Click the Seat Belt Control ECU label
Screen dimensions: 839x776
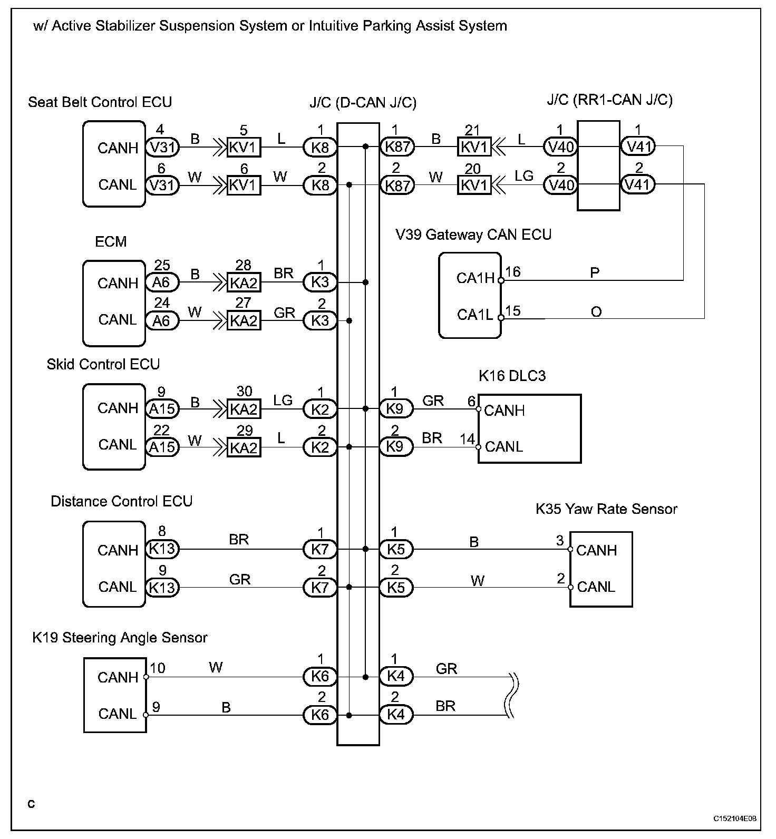pos(100,102)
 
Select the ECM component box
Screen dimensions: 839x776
pos(114,303)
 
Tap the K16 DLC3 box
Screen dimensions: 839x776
pos(529,428)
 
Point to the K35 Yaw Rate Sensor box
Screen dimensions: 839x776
pos(600,569)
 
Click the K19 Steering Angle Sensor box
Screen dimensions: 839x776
pos(115,695)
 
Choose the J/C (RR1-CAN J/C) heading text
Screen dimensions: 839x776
pos(609,100)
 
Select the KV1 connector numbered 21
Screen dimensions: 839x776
pos(474,147)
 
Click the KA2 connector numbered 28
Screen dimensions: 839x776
pos(244,283)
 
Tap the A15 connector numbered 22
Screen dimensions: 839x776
pos(162,447)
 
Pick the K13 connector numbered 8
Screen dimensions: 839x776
pos(162,549)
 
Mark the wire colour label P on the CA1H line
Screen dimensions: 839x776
pos(595,273)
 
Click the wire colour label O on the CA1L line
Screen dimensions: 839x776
pos(596,312)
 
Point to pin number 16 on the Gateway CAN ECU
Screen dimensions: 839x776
pos(513,272)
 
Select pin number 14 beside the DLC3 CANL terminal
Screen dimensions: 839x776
pos(467,439)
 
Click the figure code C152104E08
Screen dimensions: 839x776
pos(735,818)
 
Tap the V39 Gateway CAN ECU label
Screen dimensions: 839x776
pos(473,235)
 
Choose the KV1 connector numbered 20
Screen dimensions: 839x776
pos(474,186)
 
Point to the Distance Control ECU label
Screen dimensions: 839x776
pos(121,501)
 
